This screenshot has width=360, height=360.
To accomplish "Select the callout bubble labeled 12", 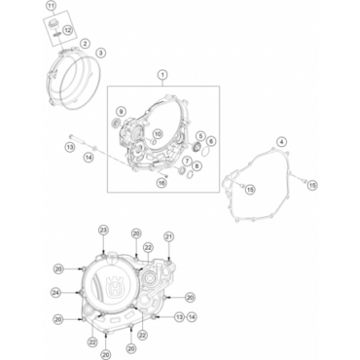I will click(x=69, y=31).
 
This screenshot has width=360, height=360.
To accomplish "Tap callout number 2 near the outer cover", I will click(x=86, y=44).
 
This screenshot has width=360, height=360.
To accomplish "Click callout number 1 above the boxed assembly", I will click(x=162, y=75).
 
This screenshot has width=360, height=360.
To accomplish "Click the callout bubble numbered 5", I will click(x=199, y=136).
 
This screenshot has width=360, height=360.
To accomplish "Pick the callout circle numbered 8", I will click(x=198, y=164).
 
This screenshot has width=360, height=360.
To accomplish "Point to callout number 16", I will click(x=162, y=181).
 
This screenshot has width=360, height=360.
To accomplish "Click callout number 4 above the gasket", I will click(x=280, y=142).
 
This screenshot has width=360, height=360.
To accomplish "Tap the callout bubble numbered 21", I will click(x=168, y=236).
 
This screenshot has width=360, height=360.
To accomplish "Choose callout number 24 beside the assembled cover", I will click(x=55, y=291).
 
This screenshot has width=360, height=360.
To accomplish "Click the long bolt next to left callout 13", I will click(x=76, y=138).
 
